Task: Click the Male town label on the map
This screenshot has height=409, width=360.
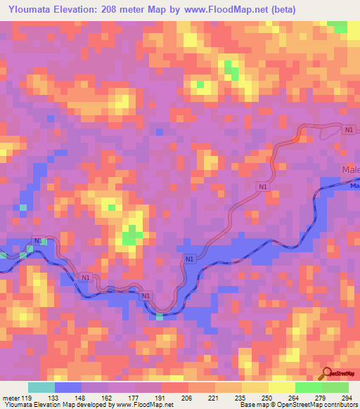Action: (x=350, y=171)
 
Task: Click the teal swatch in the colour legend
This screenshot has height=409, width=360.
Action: (x=41, y=387)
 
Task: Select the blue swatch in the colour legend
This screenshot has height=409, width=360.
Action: (x=68, y=387)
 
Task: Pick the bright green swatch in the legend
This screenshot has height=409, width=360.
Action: (x=308, y=387)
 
